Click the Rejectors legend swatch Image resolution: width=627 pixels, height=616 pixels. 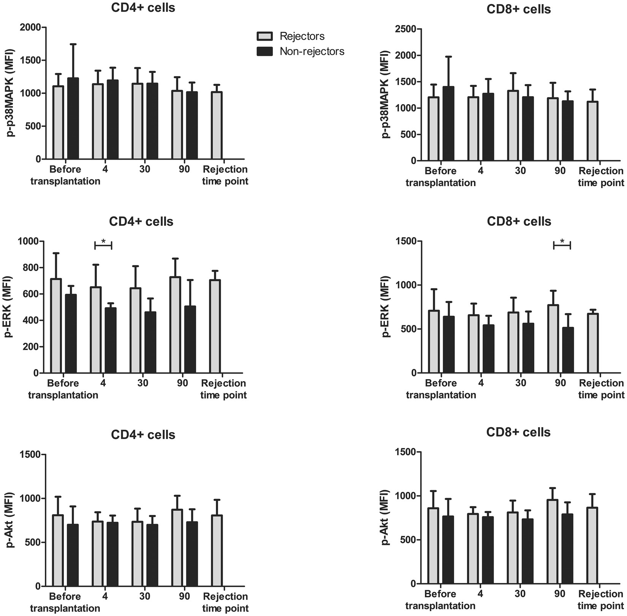pyautogui.click(x=264, y=36)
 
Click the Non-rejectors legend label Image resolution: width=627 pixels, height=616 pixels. pyautogui.click(x=312, y=51)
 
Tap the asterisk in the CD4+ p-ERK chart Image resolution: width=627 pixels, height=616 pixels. pyautogui.click(x=103, y=241)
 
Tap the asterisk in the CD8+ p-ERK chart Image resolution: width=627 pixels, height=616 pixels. pyautogui.click(x=562, y=241)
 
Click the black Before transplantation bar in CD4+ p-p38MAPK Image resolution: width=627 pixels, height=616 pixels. pyautogui.click(x=73, y=119)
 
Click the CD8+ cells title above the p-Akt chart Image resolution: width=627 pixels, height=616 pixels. pyautogui.click(x=518, y=432)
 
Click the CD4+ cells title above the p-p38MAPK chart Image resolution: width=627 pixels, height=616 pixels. pyautogui.click(x=143, y=8)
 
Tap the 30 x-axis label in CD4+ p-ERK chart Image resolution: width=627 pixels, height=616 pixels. pyautogui.click(x=143, y=383)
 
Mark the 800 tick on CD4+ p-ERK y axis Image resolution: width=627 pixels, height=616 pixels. pyautogui.click(x=32, y=268)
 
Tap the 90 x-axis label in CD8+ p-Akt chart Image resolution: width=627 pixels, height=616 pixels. pyautogui.click(x=560, y=594)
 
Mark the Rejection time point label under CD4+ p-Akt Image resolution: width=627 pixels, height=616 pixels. pyautogui.click(x=225, y=602)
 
